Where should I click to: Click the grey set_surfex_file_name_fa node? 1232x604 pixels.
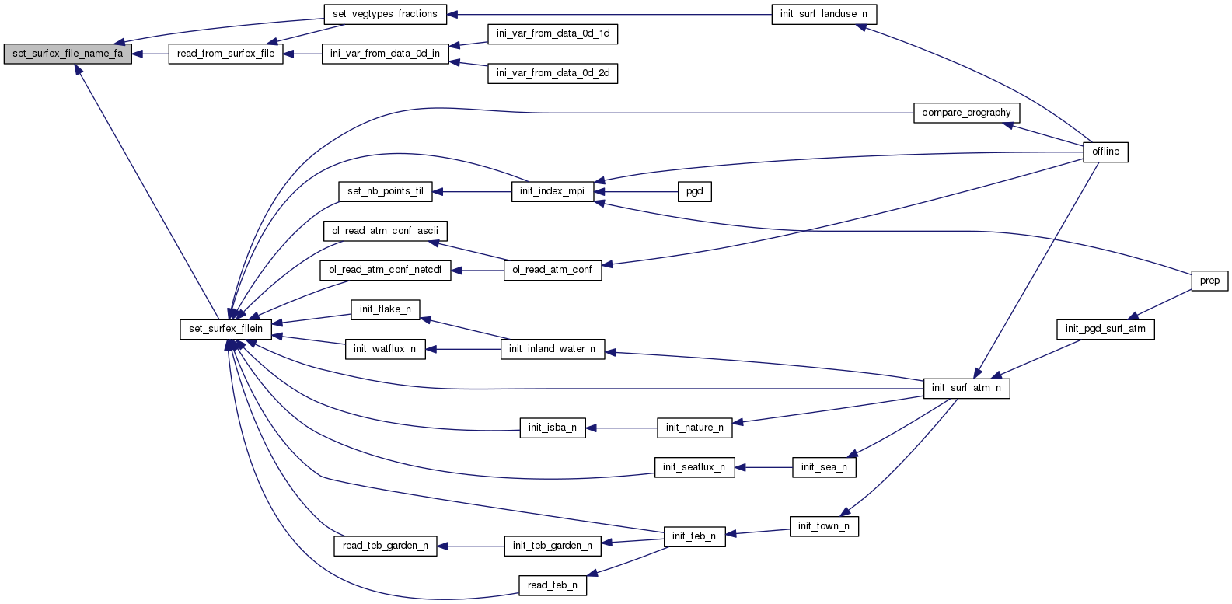click(68, 54)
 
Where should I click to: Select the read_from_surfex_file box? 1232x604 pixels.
click(225, 54)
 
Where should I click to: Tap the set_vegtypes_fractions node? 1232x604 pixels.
click(385, 14)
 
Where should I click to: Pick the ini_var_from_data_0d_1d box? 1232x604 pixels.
click(553, 33)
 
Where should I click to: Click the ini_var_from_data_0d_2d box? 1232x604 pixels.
click(553, 73)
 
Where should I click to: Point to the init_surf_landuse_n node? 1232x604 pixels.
click(824, 14)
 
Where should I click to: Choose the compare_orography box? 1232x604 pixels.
click(966, 113)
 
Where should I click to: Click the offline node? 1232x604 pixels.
click(1105, 152)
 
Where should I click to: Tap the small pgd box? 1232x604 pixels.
click(694, 191)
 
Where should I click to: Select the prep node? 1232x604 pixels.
click(1209, 281)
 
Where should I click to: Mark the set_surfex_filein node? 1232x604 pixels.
click(226, 329)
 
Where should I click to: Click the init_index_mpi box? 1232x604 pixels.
click(552, 191)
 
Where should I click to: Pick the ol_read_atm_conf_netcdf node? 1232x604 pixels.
click(385, 270)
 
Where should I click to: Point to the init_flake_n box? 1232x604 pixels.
click(385, 309)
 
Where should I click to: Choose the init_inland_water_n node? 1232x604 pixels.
click(552, 349)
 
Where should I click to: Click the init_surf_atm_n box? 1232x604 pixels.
click(966, 388)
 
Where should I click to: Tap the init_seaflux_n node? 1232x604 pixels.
click(694, 467)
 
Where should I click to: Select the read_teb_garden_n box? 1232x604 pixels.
click(385, 546)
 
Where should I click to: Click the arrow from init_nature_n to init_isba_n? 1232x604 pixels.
click(622, 428)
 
